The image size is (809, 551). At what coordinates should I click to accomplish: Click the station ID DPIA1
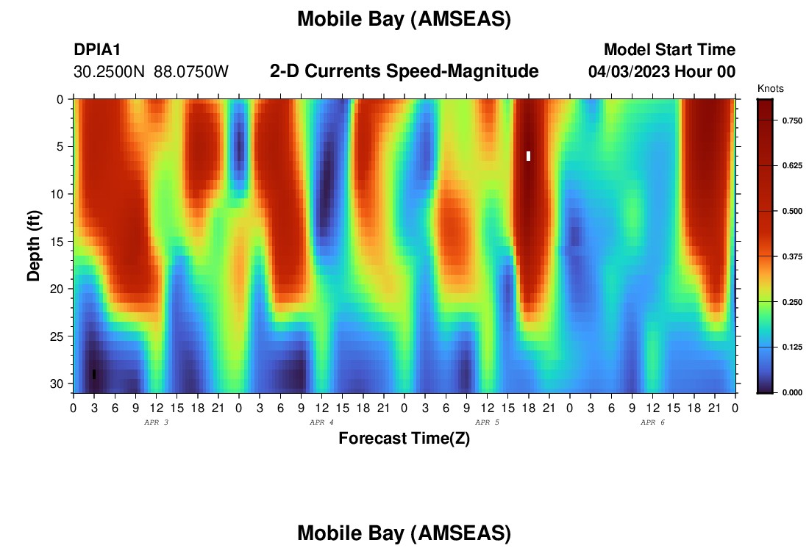click(x=97, y=49)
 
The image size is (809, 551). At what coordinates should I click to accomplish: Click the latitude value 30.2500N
click(x=110, y=72)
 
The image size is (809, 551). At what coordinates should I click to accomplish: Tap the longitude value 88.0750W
click(x=191, y=72)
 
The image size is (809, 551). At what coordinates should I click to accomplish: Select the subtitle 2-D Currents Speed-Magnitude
click(x=404, y=71)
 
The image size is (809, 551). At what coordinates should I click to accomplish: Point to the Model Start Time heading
click(x=669, y=49)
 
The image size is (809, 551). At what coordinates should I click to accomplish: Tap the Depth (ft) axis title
click(x=34, y=245)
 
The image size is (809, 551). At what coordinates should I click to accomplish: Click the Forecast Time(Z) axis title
click(x=404, y=438)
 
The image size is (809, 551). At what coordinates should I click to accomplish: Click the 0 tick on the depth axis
click(x=60, y=99)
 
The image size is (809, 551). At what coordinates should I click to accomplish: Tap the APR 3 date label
click(x=156, y=422)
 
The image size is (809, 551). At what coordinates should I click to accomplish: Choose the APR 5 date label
click(x=487, y=422)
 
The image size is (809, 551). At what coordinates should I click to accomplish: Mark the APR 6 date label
click(x=652, y=422)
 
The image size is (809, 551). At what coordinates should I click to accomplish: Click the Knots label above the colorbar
click(x=770, y=89)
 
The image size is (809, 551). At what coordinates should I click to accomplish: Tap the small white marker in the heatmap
click(x=528, y=156)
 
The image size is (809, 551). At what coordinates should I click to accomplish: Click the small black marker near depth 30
click(x=94, y=374)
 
